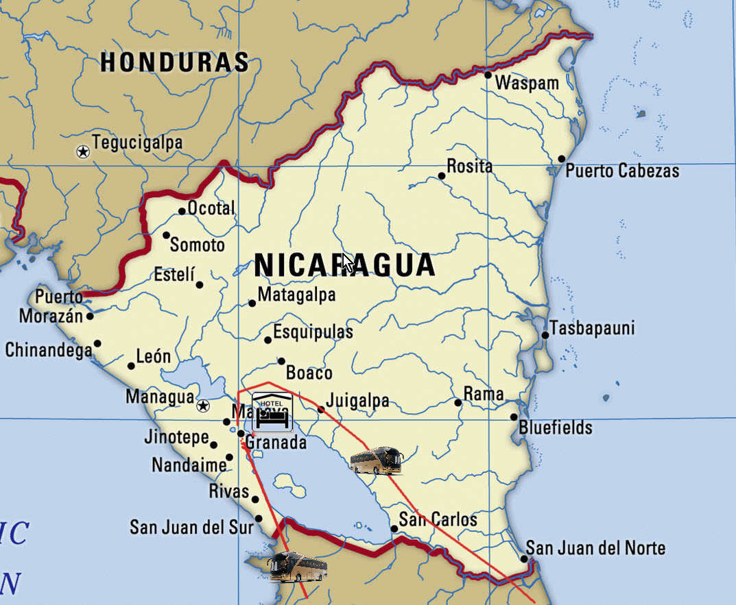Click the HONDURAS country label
(174, 62)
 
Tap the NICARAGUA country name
(344, 265)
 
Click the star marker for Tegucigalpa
(83, 152)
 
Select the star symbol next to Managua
(203, 406)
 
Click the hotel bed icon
(272, 412)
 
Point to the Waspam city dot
(488, 75)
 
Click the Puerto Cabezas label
(622, 171)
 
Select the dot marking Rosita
(442, 176)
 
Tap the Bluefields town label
(556, 428)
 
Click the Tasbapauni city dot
(545, 335)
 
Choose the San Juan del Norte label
(595, 548)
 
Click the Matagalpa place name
(296, 295)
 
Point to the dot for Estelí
(200, 285)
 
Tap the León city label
(154, 357)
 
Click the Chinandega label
(49, 350)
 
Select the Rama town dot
(458, 402)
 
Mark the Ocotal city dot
(182, 212)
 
